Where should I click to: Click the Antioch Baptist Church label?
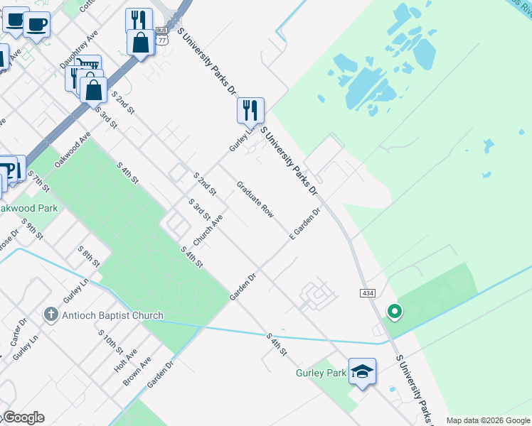pos(113,315)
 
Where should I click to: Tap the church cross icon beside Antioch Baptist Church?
pos(50,314)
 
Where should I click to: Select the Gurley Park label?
pos(321,373)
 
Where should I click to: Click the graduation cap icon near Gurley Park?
pos(362,372)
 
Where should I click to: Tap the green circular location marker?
pos(393,311)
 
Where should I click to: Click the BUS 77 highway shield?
pos(163,36)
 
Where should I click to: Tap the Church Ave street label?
pos(208,231)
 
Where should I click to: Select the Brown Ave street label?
pos(137,371)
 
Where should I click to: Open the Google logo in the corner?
pos(23,417)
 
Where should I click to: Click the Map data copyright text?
pos(488,420)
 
